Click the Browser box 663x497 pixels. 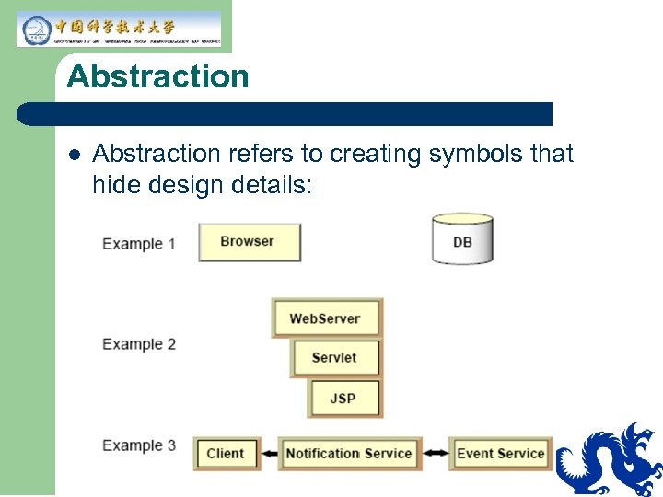250,242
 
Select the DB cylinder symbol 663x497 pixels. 462,240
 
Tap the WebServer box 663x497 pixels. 326,318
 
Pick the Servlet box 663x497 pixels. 335,358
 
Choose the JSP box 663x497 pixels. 343,399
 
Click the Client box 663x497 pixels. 226,453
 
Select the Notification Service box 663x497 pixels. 349,453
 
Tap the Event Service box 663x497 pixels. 500,453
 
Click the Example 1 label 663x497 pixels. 139,244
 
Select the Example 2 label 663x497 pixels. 139,344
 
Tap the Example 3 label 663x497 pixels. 139,445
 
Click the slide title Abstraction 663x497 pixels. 157,76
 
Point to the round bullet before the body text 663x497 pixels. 73,155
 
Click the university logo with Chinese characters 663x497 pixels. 119,29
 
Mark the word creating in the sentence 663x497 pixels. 373,154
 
